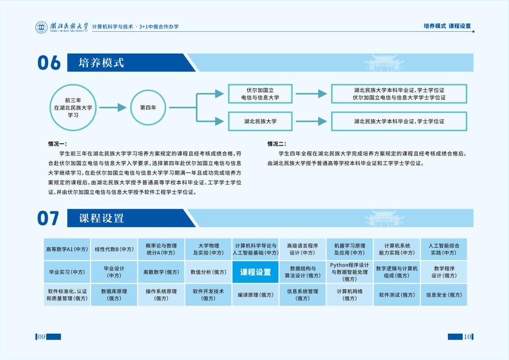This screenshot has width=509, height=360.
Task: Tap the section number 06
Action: pos(49,63)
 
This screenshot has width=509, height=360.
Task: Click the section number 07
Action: pos(48,218)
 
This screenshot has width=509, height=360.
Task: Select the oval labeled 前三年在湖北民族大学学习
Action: pos(73,107)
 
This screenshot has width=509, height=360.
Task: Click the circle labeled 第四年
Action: pos(148,107)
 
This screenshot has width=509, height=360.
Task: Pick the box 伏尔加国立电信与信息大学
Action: pos(260,94)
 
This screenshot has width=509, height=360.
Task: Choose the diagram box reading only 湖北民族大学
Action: pos(260,121)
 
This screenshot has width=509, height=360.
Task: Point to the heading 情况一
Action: pos(58,144)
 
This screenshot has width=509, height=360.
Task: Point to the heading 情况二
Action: pos(277,144)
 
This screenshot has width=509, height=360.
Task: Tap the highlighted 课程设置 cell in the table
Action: pos(255,272)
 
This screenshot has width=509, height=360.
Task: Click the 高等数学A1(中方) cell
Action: pos(67,249)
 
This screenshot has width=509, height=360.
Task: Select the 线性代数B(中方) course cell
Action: pos(114,249)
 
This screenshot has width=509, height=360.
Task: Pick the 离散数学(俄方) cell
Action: pos(161,272)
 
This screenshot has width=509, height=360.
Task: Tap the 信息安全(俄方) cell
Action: pos(444,295)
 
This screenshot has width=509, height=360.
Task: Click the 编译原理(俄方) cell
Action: pos(255,295)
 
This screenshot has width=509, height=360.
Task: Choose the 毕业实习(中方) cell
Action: pos(67,272)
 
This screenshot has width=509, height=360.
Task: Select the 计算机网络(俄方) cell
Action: pos(350,295)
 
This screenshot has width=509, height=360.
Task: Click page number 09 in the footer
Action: pos(42,337)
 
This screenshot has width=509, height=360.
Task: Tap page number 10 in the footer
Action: pos(467,337)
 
